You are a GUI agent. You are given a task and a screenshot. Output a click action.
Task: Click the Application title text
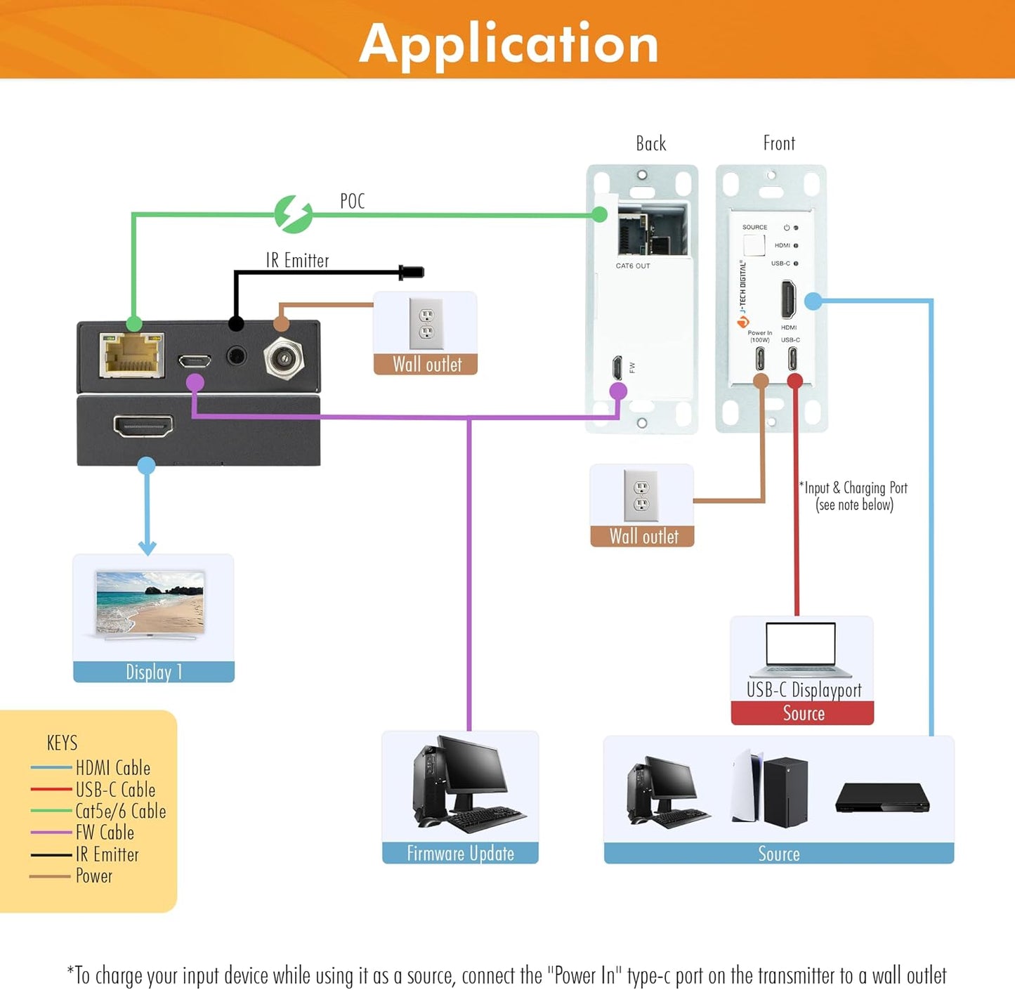(509, 44)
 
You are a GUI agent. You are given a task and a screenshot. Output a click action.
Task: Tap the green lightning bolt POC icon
(294, 214)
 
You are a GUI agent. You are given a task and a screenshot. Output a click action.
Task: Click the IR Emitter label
(297, 261)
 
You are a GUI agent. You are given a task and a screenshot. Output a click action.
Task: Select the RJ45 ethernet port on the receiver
(132, 355)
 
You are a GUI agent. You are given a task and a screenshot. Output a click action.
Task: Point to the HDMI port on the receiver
(143, 426)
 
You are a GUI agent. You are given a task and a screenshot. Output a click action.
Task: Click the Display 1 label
(154, 672)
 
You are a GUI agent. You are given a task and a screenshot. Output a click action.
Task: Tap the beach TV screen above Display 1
(150, 602)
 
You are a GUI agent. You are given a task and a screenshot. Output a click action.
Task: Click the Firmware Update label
(460, 853)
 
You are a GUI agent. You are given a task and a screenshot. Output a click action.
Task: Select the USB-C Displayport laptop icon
(801, 648)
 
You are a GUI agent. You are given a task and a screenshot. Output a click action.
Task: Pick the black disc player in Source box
(882, 798)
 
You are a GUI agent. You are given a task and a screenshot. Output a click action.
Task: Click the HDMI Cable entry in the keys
(112, 768)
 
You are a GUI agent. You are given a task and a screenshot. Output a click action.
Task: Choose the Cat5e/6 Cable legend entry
(120, 811)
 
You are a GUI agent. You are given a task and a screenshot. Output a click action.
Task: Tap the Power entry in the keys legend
(93, 875)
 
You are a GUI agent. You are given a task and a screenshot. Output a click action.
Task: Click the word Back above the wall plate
(650, 143)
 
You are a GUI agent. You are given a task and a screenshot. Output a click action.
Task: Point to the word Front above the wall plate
(779, 143)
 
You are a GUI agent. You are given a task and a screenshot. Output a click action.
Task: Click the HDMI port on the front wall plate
(788, 299)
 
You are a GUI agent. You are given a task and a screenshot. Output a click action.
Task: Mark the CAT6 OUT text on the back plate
(633, 266)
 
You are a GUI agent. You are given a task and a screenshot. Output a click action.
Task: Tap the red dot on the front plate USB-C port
(794, 381)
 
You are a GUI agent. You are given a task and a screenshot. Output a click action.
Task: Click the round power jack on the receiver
(284, 359)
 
